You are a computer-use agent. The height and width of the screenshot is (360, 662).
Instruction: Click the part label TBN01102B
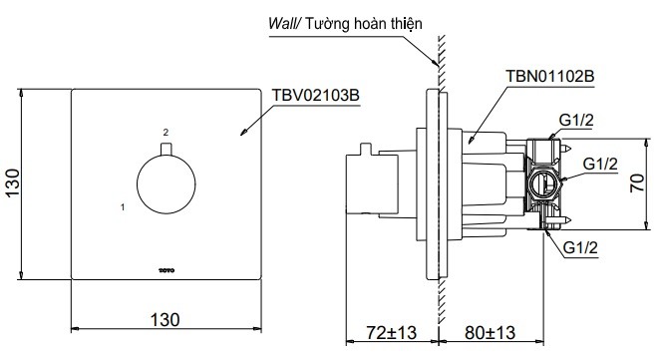pos(554,75)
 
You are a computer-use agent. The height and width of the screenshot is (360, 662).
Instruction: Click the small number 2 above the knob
pos(165,132)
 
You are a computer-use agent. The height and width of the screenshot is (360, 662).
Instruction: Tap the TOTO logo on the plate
pos(165,266)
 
